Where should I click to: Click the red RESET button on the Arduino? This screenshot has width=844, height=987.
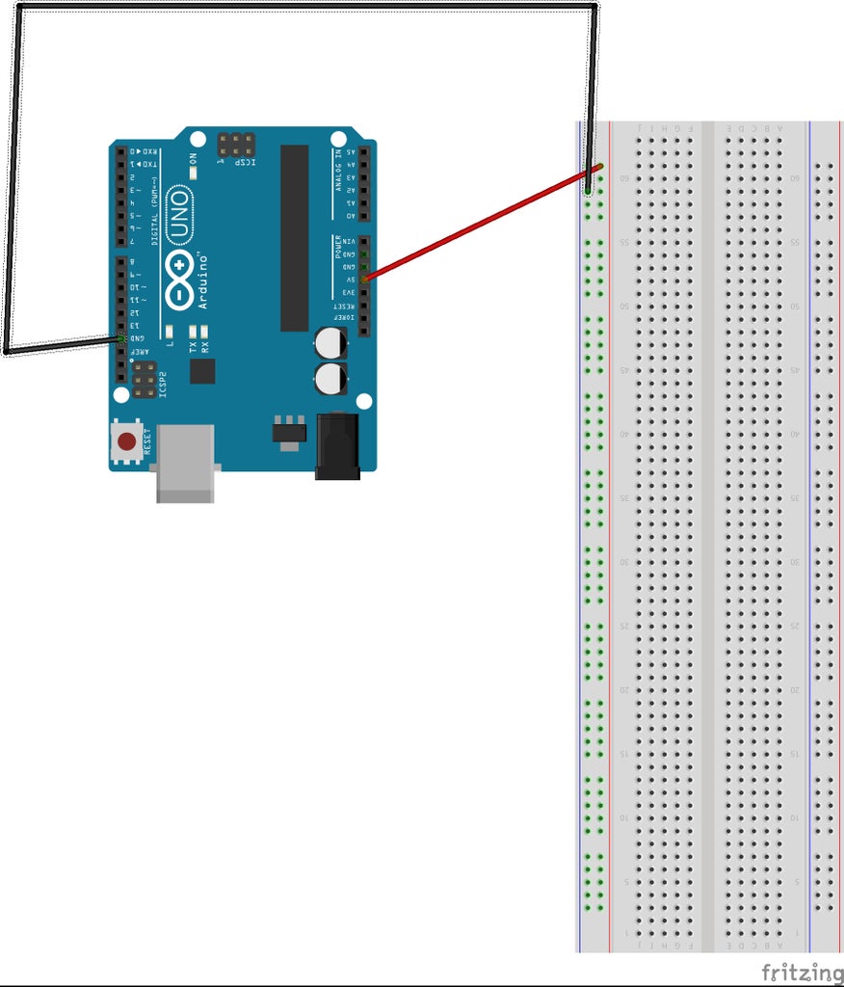click(x=126, y=443)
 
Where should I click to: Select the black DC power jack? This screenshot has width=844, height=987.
click(x=337, y=444)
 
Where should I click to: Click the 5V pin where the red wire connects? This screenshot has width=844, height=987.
click(x=364, y=279)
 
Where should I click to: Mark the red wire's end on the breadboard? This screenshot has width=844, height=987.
click(x=599, y=168)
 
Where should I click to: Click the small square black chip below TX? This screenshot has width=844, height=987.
click(x=202, y=371)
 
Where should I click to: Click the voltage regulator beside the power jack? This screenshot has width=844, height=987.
click(x=288, y=432)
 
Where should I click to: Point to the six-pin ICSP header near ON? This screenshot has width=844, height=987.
click(x=235, y=145)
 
